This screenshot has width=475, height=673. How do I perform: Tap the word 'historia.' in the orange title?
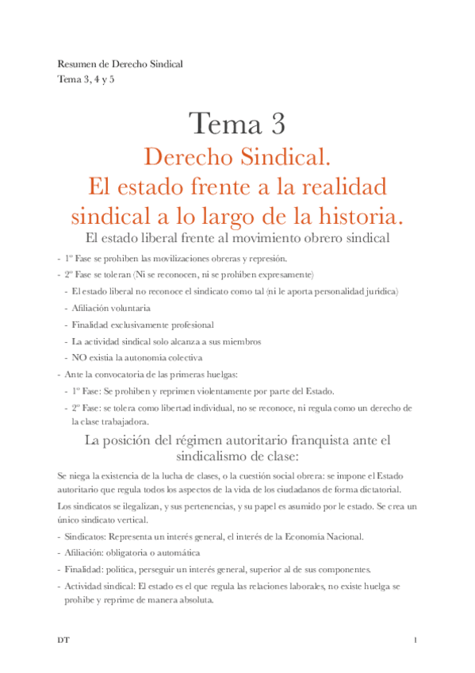tap(349, 215)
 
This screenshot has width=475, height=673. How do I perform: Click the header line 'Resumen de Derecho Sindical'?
tap(121, 63)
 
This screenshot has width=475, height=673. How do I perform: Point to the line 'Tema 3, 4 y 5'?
tap(86, 79)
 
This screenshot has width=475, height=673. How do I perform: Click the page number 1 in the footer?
tap(415, 639)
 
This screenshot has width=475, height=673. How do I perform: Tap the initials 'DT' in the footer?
tap(63, 639)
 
